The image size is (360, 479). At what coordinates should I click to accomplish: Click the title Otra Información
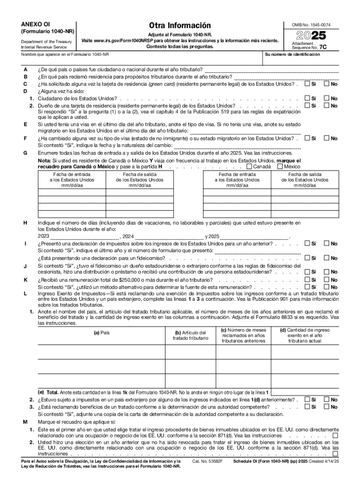[180, 25]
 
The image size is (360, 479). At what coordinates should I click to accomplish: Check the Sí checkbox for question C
[307, 84]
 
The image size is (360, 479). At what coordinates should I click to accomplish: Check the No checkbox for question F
[326, 138]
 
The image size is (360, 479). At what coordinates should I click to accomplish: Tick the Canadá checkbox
[249, 166]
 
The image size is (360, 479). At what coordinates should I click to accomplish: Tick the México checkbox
[280, 166]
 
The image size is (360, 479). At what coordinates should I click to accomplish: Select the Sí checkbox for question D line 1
[307, 99]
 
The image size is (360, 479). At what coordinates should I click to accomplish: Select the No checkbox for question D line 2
[326, 106]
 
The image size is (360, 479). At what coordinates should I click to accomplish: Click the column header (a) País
[101, 333]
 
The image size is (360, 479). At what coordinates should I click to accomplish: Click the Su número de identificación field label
[292, 54]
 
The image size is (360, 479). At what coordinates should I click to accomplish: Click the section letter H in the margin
[24, 223]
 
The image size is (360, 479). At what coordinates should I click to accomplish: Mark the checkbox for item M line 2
[335, 453]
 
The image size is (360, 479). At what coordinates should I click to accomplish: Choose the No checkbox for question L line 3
[326, 407]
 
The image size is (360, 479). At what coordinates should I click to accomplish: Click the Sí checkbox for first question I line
[307, 243]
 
